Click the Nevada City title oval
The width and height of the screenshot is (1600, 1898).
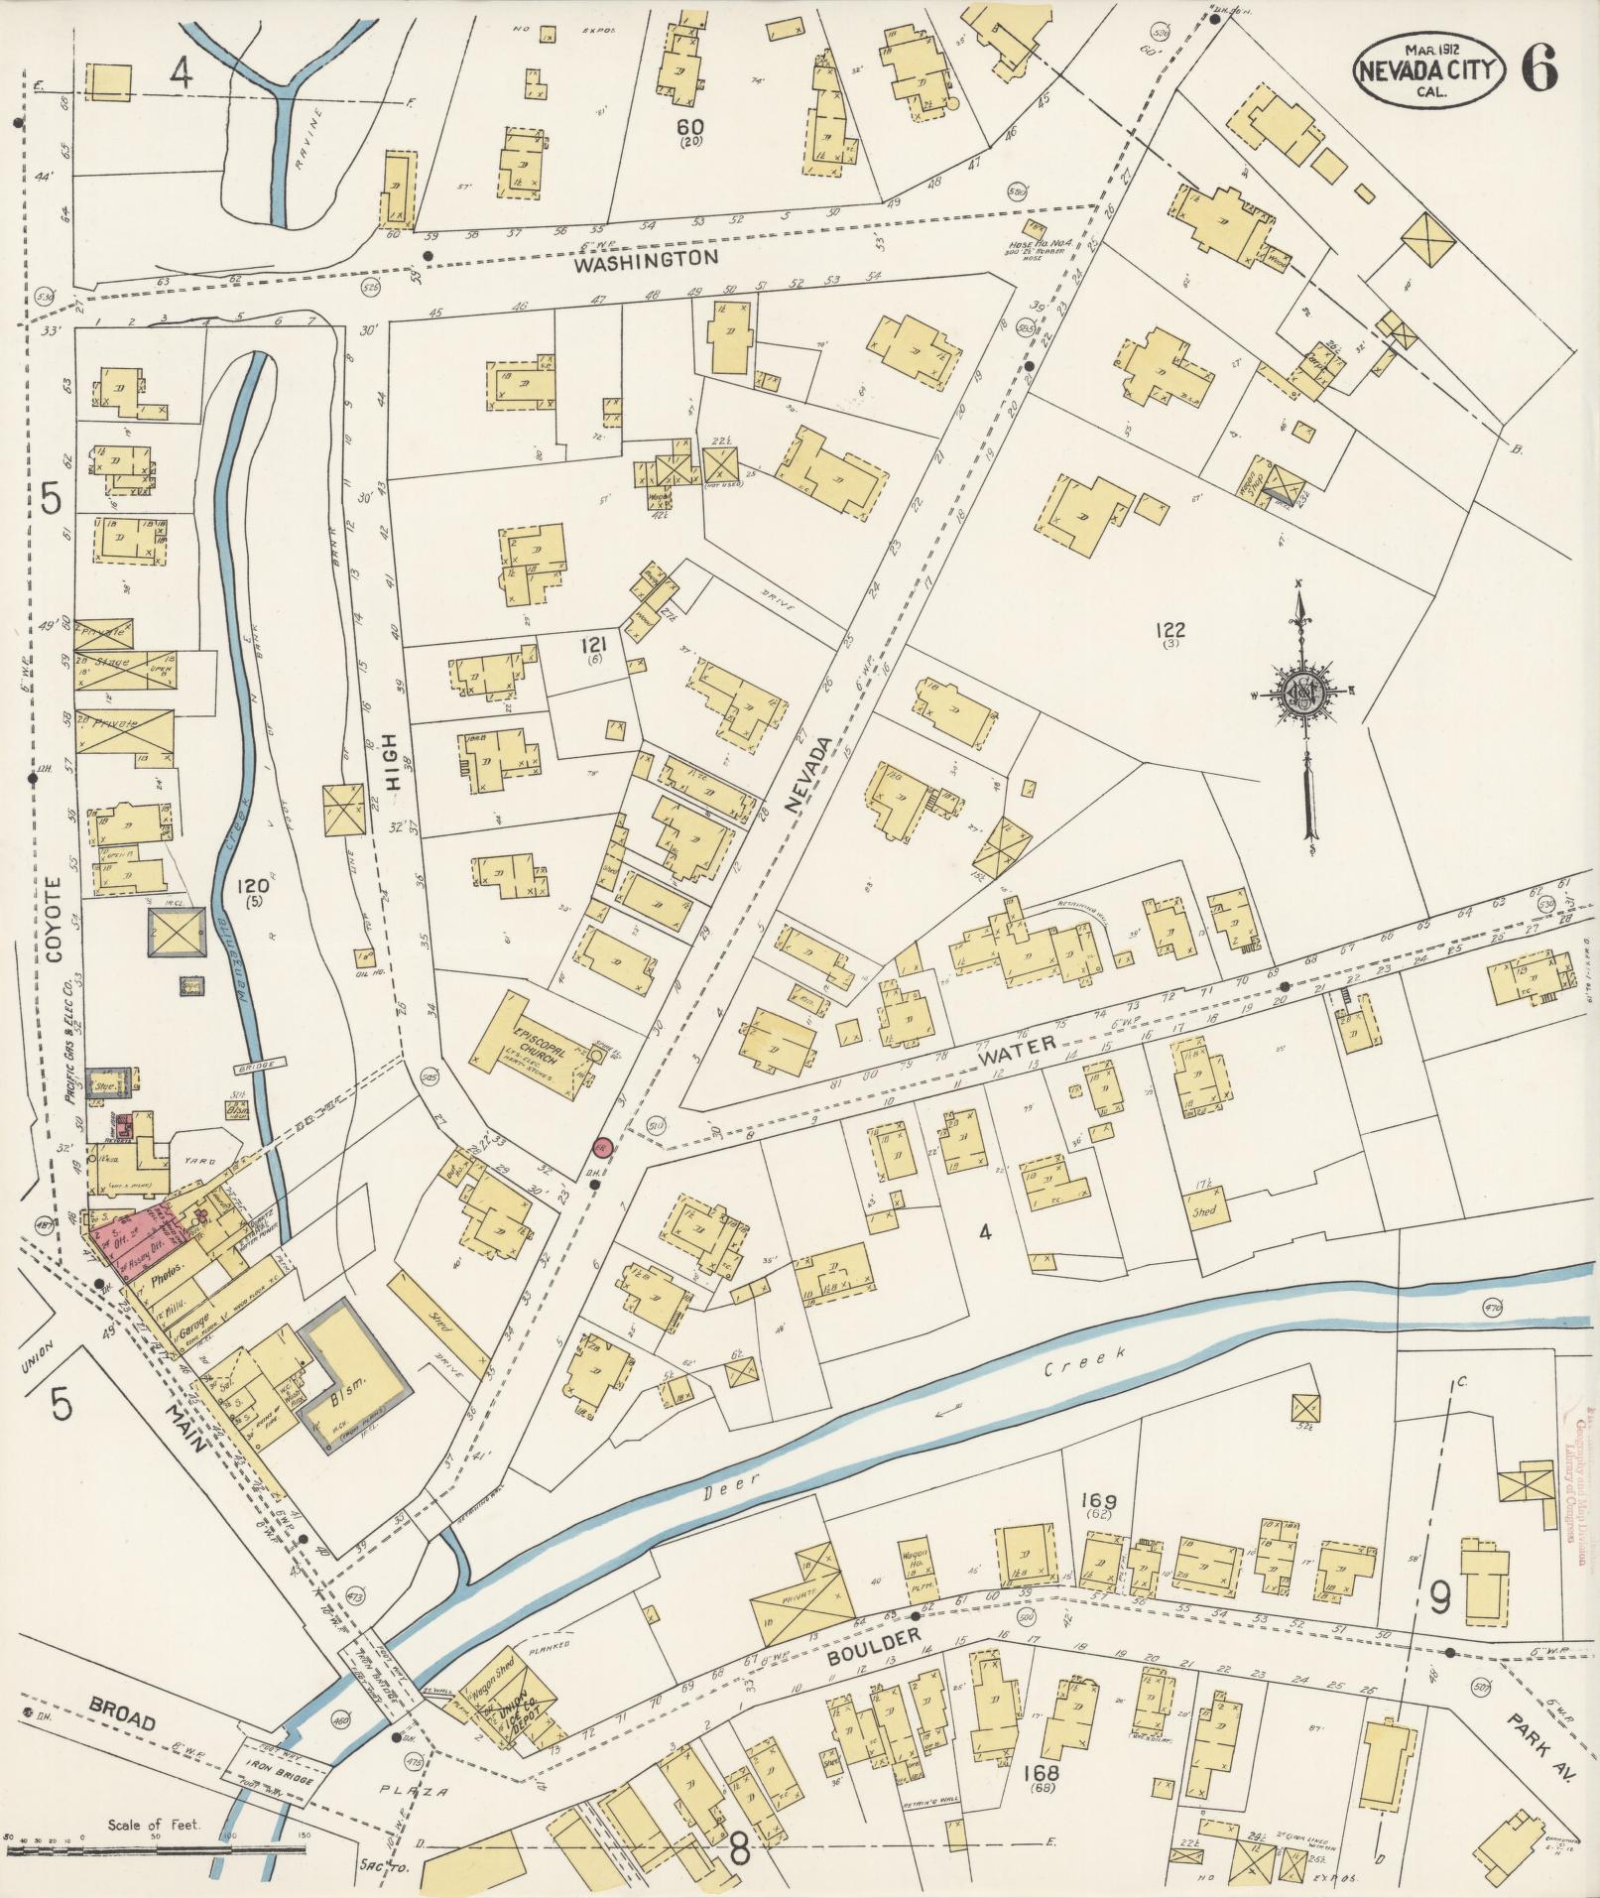(x=1428, y=68)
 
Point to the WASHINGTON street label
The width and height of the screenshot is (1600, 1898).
(x=646, y=260)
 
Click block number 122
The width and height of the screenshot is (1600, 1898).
(x=1171, y=628)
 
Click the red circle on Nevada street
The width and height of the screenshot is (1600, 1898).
(x=600, y=1147)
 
